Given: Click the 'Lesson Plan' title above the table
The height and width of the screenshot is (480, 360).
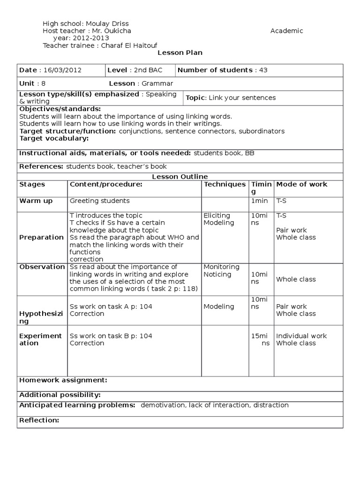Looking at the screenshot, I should pyautogui.click(x=180, y=53).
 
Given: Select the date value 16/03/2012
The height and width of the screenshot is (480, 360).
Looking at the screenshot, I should pyautogui.click(x=62, y=70).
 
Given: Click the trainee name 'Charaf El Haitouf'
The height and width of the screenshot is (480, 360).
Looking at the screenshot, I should pyautogui.click(x=126, y=45).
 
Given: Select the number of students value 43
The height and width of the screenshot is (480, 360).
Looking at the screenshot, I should pyautogui.click(x=263, y=70).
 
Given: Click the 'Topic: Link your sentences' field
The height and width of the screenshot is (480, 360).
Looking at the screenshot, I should pyautogui.click(x=231, y=98).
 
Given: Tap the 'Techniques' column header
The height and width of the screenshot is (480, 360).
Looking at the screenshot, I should pyautogui.click(x=225, y=185).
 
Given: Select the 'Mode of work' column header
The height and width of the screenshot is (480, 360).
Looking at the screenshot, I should pyautogui.click(x=302, y=185).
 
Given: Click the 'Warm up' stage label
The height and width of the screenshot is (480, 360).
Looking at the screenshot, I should pyautogui.click(x=36, y=201).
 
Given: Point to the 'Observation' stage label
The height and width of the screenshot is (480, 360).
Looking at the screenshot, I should pyautogui.click(x=42, y=267).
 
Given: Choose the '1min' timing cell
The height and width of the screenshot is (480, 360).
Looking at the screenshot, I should pyautogui.click(x=260, y=201).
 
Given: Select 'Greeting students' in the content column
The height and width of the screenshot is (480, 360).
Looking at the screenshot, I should pyautogui.click(x=99, y=201).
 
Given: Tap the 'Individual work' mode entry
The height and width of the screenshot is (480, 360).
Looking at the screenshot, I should pyautogui.click(x=301, y=336).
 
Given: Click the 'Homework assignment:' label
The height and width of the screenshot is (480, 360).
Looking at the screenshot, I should pyautogui.click(x=63, y=380).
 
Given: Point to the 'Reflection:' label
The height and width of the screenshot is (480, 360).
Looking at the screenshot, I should pyautogui.click(x=39, y=420).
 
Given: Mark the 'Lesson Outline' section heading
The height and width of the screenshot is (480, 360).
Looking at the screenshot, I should pyautogui.click(x=180, y=177).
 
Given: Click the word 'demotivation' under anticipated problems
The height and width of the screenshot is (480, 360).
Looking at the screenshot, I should pyautogui.click(x=163, y=405).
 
